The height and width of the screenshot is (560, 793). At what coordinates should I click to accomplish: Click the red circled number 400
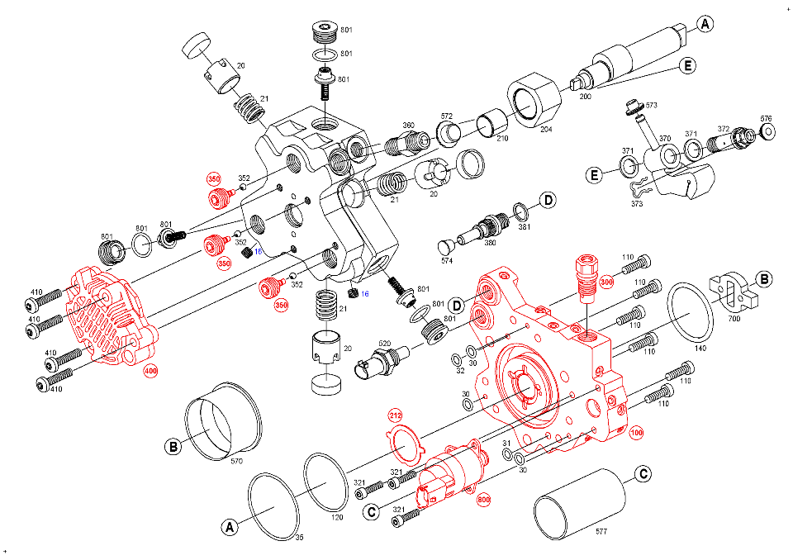pos(150,372)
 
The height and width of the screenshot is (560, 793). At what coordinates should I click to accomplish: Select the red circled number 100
pos(636,432)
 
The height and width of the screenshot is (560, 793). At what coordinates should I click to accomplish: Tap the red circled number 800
pos(483,498)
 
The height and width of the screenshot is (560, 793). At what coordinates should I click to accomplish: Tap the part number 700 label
pos(734,317)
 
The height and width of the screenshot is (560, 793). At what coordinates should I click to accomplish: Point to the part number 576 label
pos(766,118)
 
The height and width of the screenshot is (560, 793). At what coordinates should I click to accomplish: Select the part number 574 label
pos(447,261)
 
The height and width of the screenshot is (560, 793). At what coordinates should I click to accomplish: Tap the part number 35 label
pos(298,538)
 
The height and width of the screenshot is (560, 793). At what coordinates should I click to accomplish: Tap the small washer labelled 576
pos(766,131)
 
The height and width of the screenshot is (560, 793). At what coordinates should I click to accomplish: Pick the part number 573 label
pos(651,106)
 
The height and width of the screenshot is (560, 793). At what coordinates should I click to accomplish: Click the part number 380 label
pos(490,243)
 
